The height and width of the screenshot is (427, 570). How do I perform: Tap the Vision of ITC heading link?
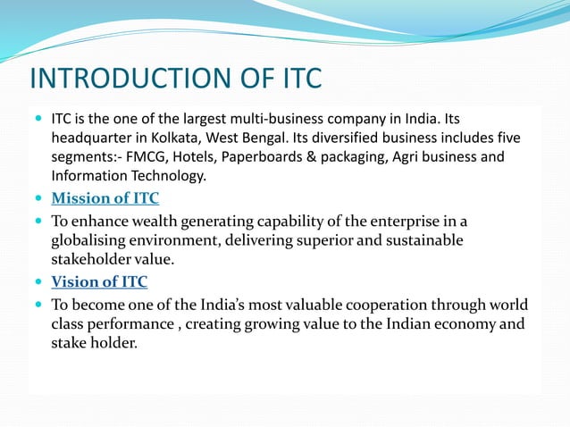(98, 282)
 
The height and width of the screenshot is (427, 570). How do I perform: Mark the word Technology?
(169, 176)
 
